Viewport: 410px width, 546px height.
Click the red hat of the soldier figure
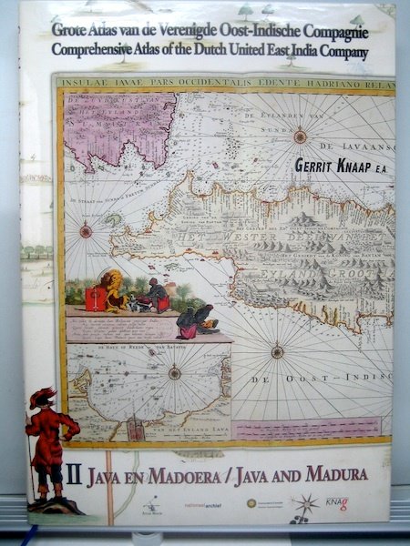click(x=43, y=396)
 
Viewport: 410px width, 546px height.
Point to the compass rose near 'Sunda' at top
click(x=300, y=136)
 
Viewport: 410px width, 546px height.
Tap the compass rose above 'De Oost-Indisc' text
click(x=277, y=350)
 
